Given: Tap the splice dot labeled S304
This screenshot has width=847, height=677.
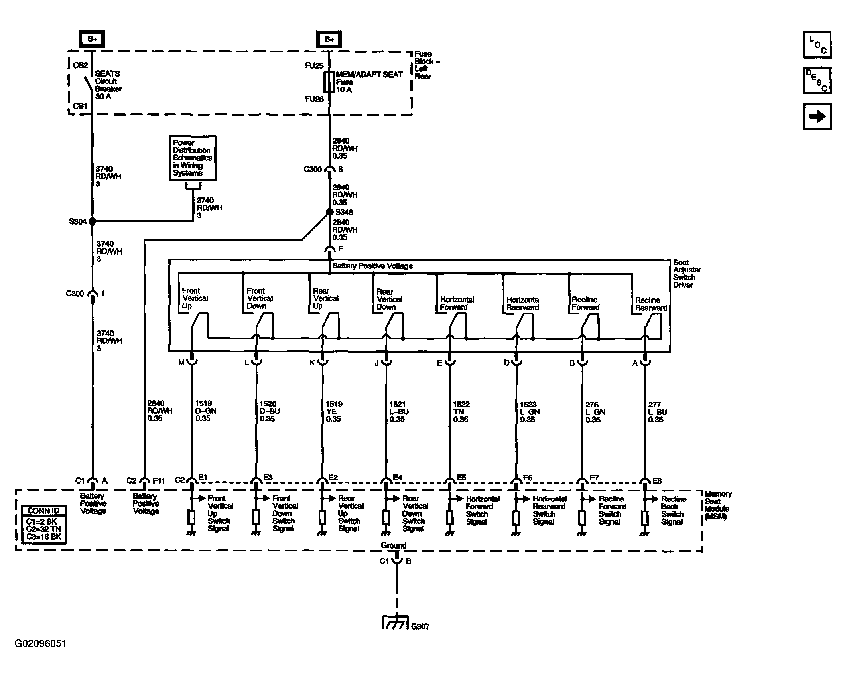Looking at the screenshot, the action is [92, 221].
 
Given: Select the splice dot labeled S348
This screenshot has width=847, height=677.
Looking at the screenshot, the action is [329, 212].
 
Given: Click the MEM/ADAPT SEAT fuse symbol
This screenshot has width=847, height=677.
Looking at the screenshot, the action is [329, 82].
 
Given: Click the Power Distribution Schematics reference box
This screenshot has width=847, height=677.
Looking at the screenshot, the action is [193, 158].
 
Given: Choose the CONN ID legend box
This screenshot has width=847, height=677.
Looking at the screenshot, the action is [44, 524].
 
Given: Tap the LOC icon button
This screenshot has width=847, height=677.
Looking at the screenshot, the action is [817, 45].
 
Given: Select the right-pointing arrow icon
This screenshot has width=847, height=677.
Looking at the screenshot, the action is [817, 116].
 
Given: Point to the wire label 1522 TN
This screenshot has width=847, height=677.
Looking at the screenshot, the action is [462, 412].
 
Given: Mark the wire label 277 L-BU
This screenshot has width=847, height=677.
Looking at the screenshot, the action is [657, 412].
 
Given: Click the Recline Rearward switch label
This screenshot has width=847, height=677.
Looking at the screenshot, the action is [651, 304].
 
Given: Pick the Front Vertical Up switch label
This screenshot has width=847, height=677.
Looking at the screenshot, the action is [195, 298].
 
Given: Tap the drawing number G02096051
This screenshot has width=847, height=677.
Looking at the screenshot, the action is [40, 643].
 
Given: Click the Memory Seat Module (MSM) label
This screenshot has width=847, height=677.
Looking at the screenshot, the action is [718, 505].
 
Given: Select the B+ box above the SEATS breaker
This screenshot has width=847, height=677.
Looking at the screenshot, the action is [92, 39].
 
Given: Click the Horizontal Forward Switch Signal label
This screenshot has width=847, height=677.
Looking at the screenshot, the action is [483, 510].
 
